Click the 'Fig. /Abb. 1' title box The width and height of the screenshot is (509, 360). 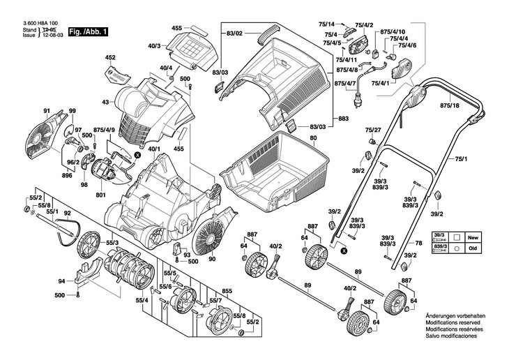89,32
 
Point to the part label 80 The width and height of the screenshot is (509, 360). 313,139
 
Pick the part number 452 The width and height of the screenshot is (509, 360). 110,57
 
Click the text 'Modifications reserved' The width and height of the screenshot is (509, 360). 452,322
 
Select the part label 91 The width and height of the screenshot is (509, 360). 47,112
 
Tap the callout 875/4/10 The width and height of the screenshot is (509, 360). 393,32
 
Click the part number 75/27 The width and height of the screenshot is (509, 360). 373,130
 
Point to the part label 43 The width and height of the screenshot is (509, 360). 106,103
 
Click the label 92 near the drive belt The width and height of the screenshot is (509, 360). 67,213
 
